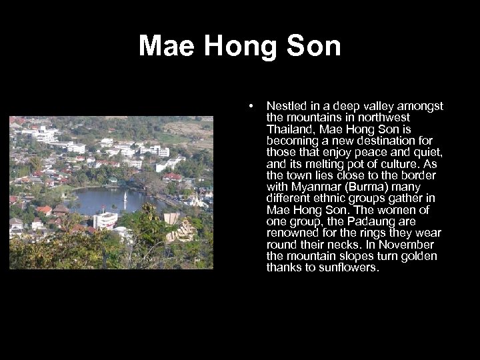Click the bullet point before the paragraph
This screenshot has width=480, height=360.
(250, 105)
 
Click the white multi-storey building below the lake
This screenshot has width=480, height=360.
(106, 220)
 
